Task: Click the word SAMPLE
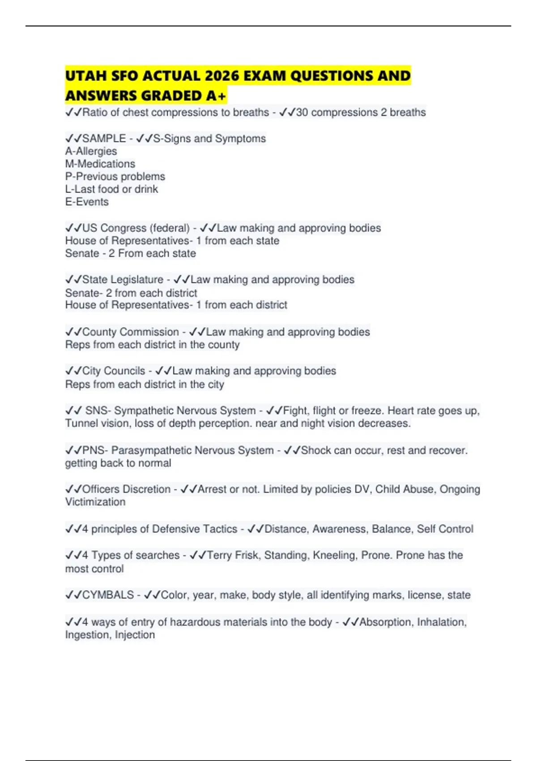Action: point(104,139)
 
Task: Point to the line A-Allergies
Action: point(91,151)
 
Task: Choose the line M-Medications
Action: point(100,164)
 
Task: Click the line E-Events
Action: point(87,202)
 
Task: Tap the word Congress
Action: point(123,228)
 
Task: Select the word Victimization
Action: point(95,502)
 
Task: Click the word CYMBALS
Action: point(108,595)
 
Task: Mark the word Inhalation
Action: point(441,622)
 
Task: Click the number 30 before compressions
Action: point(302,112)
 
